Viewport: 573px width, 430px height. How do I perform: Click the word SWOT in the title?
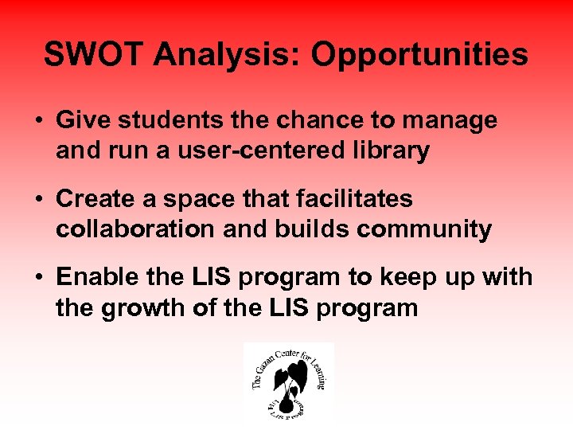point(95,55)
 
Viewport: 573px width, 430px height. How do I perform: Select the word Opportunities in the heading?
point(419,55)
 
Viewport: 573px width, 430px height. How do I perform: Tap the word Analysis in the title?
point(228,55)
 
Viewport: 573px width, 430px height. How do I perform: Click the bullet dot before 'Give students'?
point(38,121)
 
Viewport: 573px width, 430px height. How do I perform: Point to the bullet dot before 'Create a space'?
point(38,198)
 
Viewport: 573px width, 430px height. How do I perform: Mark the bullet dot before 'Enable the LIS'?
point(38,277)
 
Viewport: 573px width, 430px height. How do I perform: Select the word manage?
point(454,121)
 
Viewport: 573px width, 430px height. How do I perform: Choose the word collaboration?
point(134,229)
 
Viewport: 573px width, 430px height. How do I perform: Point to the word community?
point(424,229)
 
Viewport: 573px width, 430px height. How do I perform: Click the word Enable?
point(96,277)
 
